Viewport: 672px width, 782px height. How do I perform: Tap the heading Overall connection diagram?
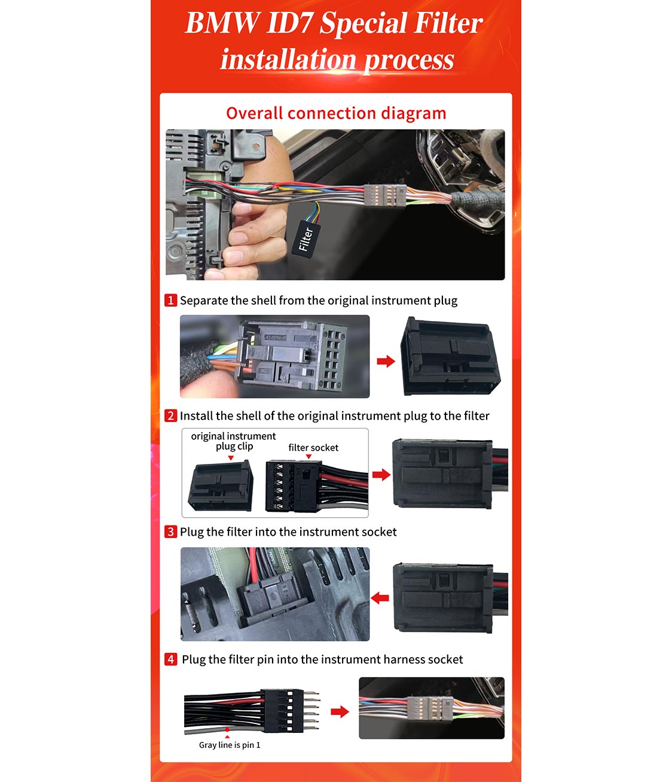336,113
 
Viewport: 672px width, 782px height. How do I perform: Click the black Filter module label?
306,239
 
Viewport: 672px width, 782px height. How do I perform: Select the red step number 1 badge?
170,300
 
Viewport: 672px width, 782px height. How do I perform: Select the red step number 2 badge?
170,416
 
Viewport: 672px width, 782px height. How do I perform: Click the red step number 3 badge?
170,531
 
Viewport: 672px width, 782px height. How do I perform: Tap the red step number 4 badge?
170,659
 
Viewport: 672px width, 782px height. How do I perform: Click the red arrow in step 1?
386,361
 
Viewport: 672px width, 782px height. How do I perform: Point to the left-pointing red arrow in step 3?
380,598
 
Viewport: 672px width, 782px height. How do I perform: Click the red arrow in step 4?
340,711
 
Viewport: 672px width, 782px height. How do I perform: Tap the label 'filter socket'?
313,448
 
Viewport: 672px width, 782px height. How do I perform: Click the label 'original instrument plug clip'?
233,441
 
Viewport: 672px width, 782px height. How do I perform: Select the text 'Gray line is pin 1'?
230,745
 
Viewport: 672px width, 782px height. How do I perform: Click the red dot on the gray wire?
227,729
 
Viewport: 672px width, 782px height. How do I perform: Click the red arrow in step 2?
381,475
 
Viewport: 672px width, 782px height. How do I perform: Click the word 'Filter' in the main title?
448,23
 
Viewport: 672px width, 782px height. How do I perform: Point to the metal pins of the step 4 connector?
311,710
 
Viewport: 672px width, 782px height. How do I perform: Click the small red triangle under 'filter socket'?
308,457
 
